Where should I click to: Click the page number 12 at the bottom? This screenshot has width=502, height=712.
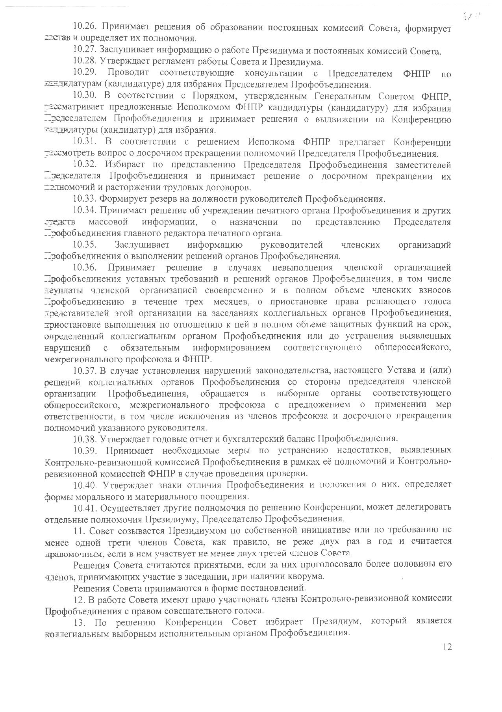(447, 647)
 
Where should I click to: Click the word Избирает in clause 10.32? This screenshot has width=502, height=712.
(125, 165)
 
